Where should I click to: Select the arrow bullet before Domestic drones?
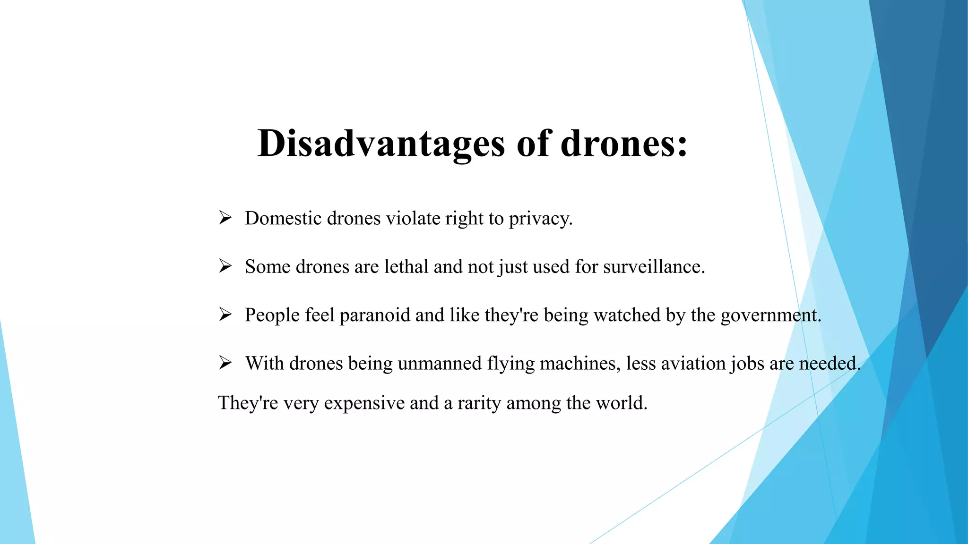tap(225, 218)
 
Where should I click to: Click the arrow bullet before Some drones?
tap(225, 266)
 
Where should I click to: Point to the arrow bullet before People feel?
tap(225, 314)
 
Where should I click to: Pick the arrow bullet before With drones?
tap(225, 363)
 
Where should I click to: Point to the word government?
tap(770, 315)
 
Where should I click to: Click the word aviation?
tap(693, 364)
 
